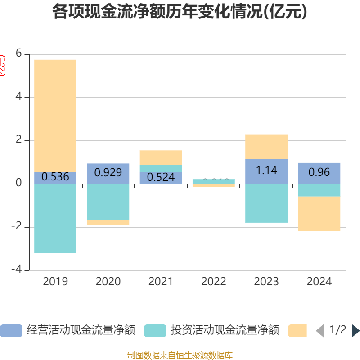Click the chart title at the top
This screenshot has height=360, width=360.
pyautogui.click(x=180, y=12)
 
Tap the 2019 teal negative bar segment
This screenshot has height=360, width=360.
pyautogui.click(x=55, y=218)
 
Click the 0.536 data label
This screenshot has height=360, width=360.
pyautogui.click(x=55, y=177)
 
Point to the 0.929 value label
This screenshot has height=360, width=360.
pyautogui.click(x=108, y=172)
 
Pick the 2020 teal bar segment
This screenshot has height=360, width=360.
pyautogui.click(x=108, y=202)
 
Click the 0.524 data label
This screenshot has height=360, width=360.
pyautogui.click(x=161, y=177)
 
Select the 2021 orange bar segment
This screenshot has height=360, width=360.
pyautogui.click(x=161, y=157)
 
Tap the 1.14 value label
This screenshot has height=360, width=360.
pyautogui.click(x=266, y=171)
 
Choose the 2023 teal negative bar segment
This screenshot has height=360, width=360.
pyautogui.click(x=266, y=203)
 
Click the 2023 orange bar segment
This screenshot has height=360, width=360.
pyautogui.click(x=266, y=146)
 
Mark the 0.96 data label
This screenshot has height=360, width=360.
pyautogui.click(x=319, y=172)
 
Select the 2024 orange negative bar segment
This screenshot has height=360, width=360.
pyautogui.click(x=319, y=214)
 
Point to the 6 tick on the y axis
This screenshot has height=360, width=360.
pyautogui.click(x=18, y=54)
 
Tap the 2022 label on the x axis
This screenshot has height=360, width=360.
pyautogui.click(x=214, y=282)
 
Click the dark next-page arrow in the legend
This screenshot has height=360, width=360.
pyautogui.click(x=355, y=331)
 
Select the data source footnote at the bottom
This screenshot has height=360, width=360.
pyautogui.click(x=180, y=355)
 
